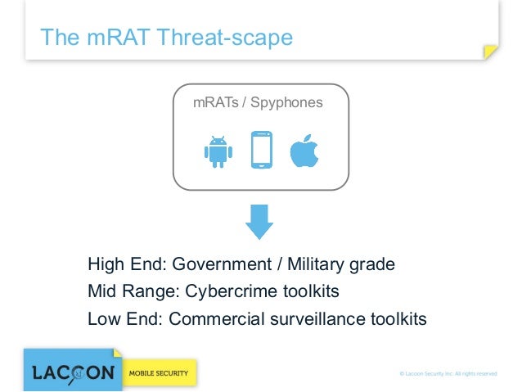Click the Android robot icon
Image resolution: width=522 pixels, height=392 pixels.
[x=217, y=151]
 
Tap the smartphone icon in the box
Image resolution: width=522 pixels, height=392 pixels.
[x=261, y=150]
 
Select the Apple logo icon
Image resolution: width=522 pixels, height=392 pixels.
[x=304, y=150]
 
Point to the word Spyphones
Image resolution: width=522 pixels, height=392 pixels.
[x=288, y=102]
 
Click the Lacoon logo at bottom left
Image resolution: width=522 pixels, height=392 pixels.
[x=73, y=372]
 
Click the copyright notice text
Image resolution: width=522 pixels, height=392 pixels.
[x=448, y=374]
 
